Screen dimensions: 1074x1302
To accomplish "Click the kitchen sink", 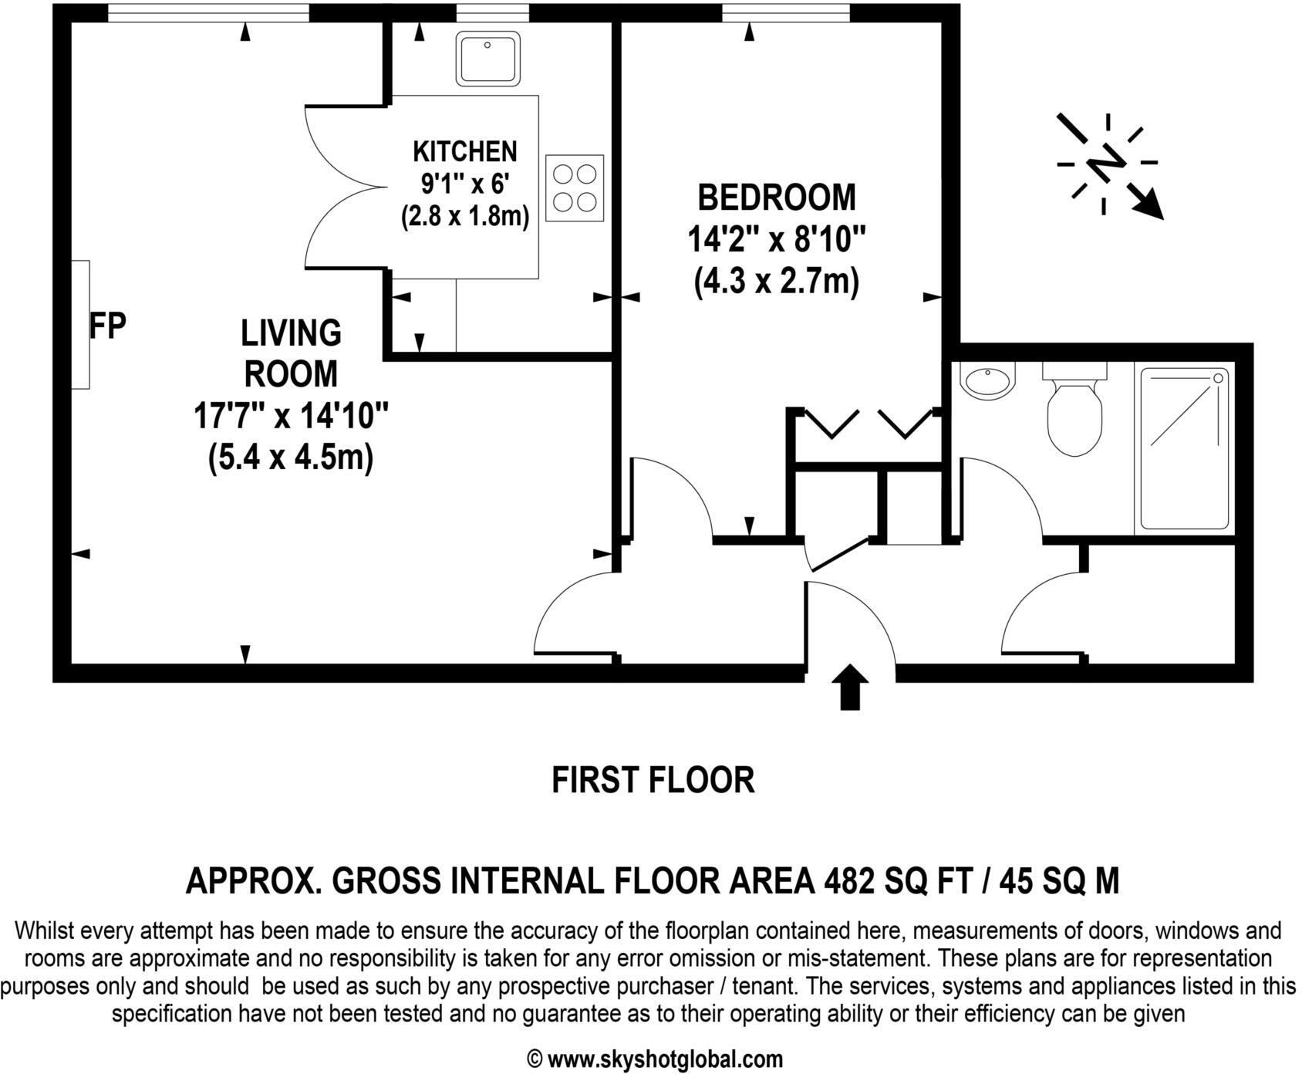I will click(x=487, y=59).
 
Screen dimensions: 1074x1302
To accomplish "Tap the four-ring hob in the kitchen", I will click(x=575, y=188).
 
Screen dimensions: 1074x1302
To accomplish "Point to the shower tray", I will click(x=1184, y=449).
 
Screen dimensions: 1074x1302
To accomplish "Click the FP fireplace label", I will click(x=107, y=326).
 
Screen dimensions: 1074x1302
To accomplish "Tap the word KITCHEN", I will click(x=464, y=150).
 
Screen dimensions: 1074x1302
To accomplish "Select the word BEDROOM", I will click(x=776, y=198).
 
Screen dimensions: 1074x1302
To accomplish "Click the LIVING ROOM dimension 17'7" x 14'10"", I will click(x=290, y=417).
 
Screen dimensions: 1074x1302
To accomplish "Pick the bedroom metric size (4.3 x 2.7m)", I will click(x=776, y=282).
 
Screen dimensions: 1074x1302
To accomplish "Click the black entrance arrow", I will click(x=849, y=685).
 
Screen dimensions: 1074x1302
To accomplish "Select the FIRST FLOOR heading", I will click(x=653, y=780).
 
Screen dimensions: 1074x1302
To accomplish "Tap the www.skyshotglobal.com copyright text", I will click(x=654, y=1059).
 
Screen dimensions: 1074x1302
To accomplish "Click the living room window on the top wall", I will click(x=208, y=12).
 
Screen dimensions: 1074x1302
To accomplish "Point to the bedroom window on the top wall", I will click(x=785, y=12).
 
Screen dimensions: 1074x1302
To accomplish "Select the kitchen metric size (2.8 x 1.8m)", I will click(x=464, y=217).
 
